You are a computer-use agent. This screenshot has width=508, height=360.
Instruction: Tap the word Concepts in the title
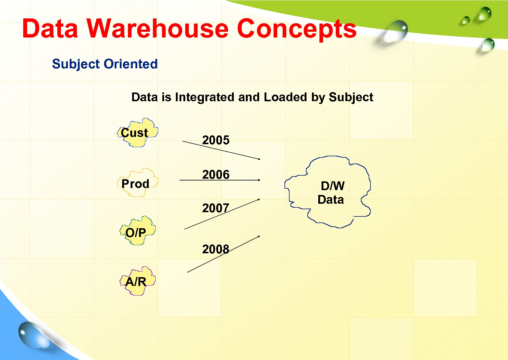tap(297, 29)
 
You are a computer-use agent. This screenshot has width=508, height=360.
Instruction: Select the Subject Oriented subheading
tap(105, 64)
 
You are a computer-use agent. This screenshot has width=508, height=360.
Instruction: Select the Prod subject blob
tap(137, 183)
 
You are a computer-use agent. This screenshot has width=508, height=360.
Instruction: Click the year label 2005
tap(216, 140)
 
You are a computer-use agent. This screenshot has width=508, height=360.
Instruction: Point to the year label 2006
tap(216, 175)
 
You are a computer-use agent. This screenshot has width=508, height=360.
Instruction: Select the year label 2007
tap(216, 208)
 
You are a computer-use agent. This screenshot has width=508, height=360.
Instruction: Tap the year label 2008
tap(216, 249)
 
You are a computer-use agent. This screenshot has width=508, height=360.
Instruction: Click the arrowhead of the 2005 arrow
tap(259, 159)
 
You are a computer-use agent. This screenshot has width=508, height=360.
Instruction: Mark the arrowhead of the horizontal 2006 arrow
tap(259, 180)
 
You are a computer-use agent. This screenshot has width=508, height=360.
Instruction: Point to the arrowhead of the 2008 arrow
tap(259, 236)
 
